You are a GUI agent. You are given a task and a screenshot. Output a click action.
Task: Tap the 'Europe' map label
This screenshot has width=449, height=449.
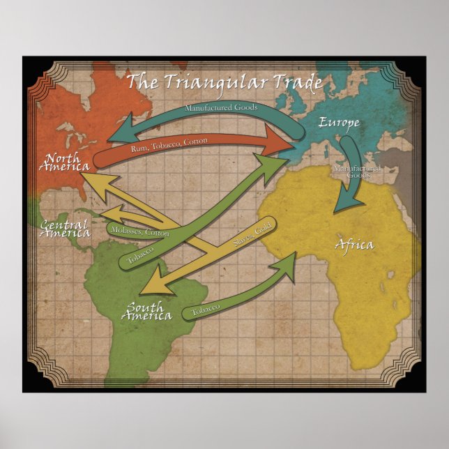coord(340,123)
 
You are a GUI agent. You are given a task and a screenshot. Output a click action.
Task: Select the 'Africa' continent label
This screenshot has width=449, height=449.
coord(354,245)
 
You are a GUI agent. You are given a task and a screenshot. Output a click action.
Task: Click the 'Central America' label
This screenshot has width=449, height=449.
coord(65,229)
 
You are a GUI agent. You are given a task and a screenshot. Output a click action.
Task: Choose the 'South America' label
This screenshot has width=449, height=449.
coord(146,311)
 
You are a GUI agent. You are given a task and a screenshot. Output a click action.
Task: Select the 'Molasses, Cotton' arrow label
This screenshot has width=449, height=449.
coord(140,231)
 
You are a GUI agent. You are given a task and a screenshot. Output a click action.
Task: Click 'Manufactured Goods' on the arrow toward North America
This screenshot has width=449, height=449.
coord(221,109)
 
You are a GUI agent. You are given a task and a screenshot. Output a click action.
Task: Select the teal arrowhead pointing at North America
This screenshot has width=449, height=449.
coord(124,132)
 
